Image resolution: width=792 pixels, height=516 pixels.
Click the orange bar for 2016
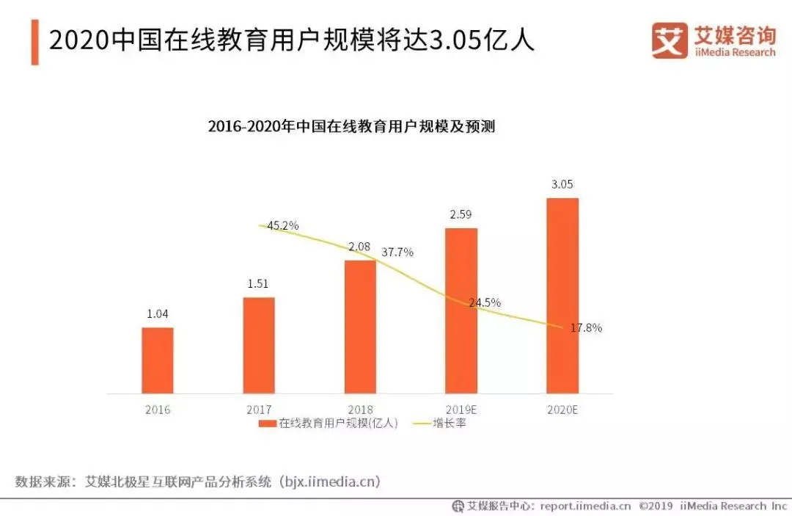point(158,360)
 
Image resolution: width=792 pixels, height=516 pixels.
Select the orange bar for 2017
point(259,345)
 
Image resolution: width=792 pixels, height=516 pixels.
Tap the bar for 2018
point(360,327)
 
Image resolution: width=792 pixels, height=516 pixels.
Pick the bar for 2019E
point(461,310)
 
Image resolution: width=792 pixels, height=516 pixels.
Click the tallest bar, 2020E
point(562,295)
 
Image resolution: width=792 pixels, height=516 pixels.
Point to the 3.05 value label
point(562,184)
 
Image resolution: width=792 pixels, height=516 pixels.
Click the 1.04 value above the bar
point(158,313)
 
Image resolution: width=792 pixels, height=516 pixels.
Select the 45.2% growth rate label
point(282,226)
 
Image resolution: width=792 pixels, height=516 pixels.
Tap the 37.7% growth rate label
point(397,252)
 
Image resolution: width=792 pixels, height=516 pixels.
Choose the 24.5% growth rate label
point(485,302)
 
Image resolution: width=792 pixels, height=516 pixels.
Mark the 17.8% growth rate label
point(585,328)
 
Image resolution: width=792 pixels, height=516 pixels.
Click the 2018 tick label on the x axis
point(360,410)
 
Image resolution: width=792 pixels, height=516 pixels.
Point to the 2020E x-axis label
point(562,410)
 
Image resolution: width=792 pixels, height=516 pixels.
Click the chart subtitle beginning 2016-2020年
point(351,126)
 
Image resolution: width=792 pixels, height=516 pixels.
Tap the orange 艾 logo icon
point(670,40)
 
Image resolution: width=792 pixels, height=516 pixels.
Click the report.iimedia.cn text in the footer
point(585,506)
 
